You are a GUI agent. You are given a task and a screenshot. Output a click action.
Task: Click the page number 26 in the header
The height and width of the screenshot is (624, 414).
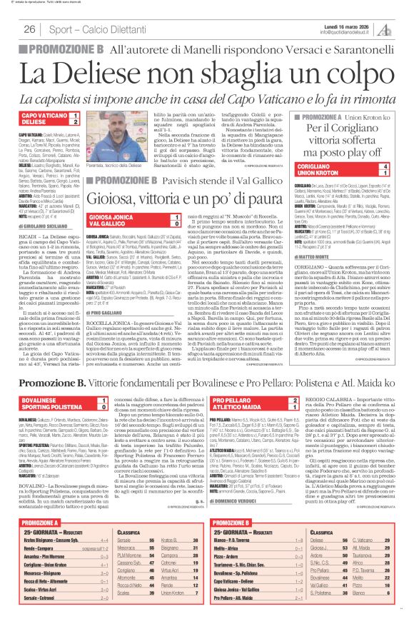tap(30, 29)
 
